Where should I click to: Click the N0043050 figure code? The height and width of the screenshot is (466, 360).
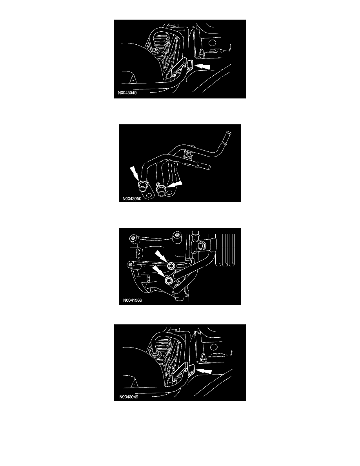(x=132, y=198)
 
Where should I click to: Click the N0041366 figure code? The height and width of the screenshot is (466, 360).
(x=133, y=300)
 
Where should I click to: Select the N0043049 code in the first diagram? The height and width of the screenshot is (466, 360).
(x=127, y=93)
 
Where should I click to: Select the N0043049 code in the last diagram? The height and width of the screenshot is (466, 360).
(x=129, y=397)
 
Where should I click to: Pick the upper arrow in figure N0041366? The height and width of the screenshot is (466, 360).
(x=161, y=256)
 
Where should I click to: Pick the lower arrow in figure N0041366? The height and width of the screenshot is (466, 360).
(x=158, y=271)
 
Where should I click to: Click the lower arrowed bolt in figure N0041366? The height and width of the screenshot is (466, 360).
(x=168, y=280)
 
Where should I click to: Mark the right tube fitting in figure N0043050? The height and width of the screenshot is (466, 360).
(x=161, y=191)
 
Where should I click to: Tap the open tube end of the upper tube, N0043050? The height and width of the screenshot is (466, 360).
(x=228, y=134)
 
